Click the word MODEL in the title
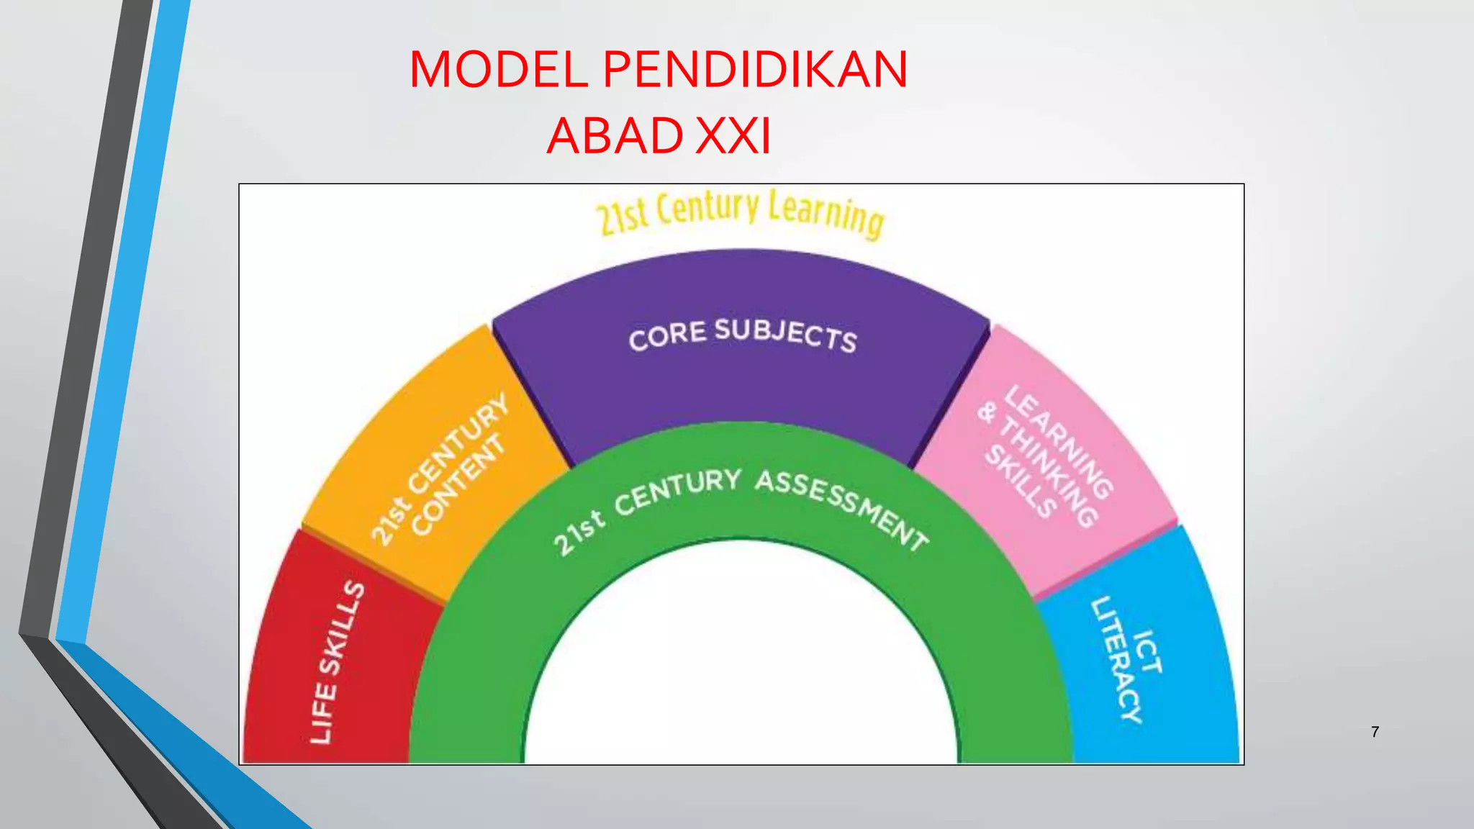click(499, 71)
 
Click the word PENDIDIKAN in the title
click(755, 71)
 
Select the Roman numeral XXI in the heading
click(733, 136)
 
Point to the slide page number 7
click(1375, 732)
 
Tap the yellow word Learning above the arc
click(826, 214)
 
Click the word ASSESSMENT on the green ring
click(842, 507)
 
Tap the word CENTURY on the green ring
click(677, 491)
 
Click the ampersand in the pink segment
click(987, 412)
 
